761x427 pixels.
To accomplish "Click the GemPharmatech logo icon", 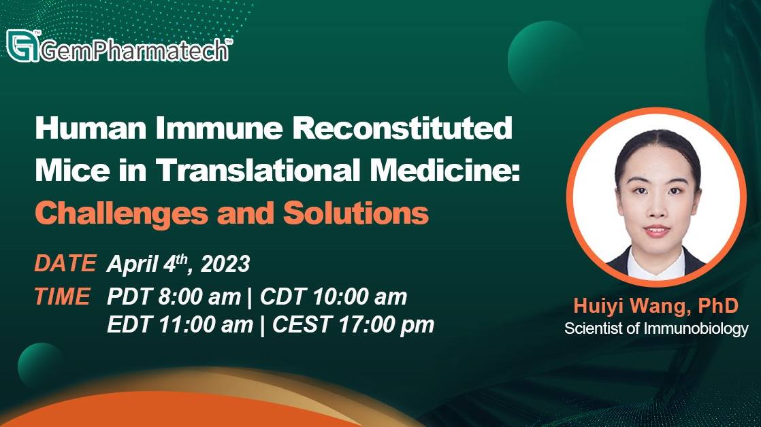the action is pos(23,46).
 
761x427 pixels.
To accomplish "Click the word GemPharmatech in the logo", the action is pos(134,50).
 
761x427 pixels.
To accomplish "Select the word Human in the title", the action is pos(91,128).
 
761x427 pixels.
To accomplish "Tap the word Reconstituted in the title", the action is pos(404,128).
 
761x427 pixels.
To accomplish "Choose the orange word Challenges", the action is pos(121,213).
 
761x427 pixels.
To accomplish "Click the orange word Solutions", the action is pos(356,213).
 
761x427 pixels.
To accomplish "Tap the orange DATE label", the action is pos(65,263).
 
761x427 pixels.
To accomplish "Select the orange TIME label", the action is pos(62,296).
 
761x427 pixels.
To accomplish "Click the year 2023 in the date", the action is pos(226,264).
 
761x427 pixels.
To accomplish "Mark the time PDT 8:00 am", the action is pos(174,296).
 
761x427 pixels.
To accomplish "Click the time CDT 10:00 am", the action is pos(334,296).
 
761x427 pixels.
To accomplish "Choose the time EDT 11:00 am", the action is pos(180,325).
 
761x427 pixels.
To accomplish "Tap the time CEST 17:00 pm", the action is pos(353,325).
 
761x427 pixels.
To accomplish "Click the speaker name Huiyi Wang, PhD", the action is pos(655,306).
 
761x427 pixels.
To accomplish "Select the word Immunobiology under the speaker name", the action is pos(696,328).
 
